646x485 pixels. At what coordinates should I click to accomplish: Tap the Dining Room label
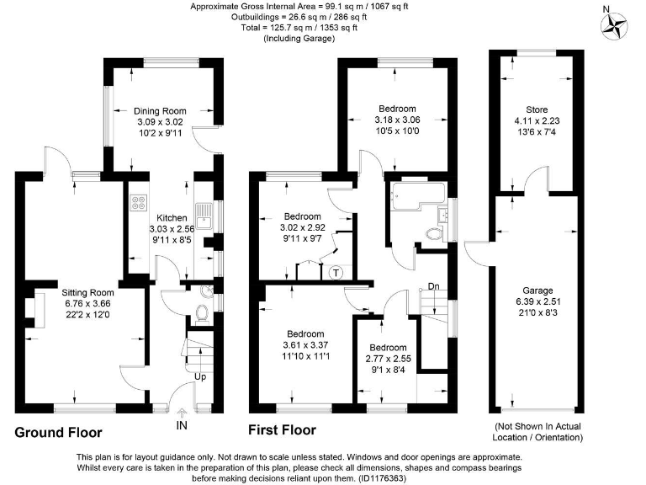coord(160,110)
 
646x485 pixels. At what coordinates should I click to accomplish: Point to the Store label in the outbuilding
coord(537,109)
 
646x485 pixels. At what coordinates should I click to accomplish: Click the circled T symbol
coord(336,271)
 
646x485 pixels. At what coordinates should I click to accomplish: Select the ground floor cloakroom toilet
coord(202,314)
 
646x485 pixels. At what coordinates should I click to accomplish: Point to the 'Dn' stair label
coord(434,287)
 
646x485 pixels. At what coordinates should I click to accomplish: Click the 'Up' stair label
coord(200,376)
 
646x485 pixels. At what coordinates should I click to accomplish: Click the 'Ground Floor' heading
coord(58,433)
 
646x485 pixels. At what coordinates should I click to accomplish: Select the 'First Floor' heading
coord(283,430)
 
